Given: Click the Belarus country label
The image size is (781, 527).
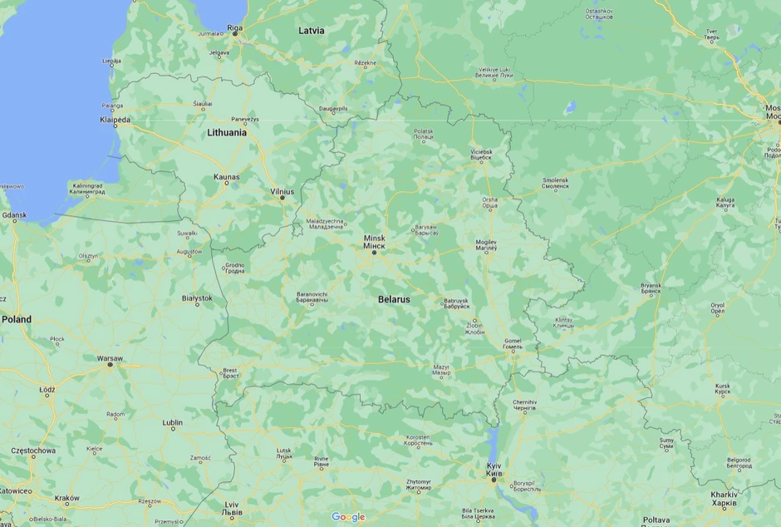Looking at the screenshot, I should tap(394, 298).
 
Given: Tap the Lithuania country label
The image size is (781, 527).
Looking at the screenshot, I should tap(227, 132).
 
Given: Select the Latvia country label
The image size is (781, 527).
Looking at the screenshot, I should tap(312, 31).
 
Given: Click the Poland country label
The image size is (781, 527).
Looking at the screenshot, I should tap(16, 319).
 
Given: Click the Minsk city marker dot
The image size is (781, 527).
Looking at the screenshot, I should tap(374, 253).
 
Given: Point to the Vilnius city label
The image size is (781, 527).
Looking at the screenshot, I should tap(282, 191).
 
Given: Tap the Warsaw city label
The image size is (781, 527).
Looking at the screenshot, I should tap(110, 358).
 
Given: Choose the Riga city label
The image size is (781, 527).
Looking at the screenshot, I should tap(235, 27).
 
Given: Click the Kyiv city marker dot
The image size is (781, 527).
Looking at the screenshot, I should tap(494, 480).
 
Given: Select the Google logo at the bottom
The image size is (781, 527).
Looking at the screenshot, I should tap(348, 517).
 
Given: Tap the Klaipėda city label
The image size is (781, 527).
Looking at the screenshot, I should tap(115, 121).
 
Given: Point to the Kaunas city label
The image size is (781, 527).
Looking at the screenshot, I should tap(226, 177).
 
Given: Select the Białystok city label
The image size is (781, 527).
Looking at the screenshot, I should tap(197, 298).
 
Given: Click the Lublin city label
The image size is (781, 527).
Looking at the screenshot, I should tap(172, 423).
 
